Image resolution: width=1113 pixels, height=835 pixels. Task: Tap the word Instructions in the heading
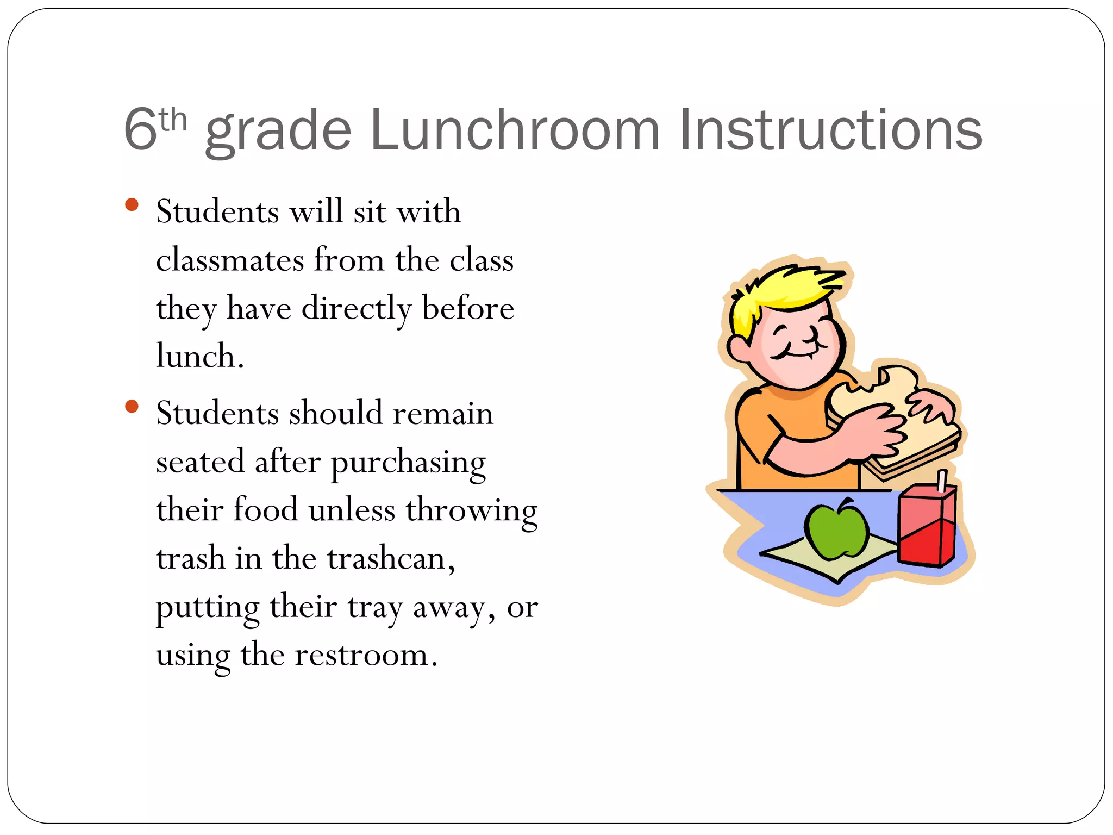(x=830, y=130)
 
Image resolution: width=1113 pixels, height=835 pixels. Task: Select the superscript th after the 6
(x=173, y=121)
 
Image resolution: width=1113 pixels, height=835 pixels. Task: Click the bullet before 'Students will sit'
(x=132, y=205)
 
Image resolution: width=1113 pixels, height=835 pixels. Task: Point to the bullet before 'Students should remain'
(x=132, y=406)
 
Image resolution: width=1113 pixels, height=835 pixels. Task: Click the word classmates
(x=229, y=260)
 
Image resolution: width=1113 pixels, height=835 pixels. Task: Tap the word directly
(x=357, y=309)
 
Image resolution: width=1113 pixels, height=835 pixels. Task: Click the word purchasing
(x=408, y=463)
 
